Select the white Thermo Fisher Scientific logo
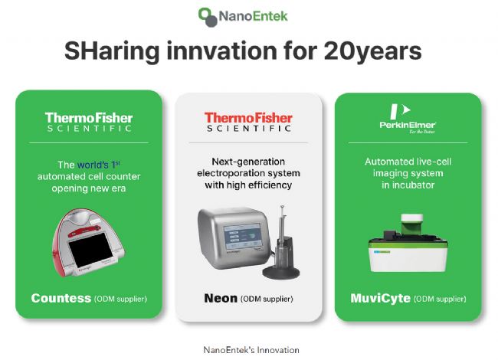[x=89, y=122]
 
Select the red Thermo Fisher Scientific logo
[x=248, y=122]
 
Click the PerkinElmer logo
[x=408, y=119]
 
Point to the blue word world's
[x=93, y=165]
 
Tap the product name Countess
[x=61, y=298]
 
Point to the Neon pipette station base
[x=281, y=273]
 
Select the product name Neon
[x=221, y=299]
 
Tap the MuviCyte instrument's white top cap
[x=412, y=218]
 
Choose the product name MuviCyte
[x=380, y=299]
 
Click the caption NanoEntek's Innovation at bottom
[x=251, y=350]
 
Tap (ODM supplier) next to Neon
[x=267, y=299]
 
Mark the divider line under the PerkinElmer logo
[x=408, y=143]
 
